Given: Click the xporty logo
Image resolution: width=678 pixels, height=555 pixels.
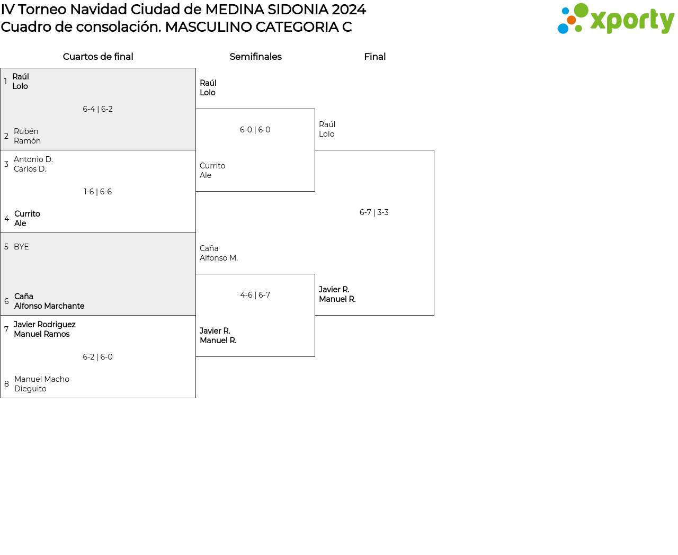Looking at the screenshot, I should point(615,19).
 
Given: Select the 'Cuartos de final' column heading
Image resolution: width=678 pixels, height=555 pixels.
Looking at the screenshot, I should point(98,57).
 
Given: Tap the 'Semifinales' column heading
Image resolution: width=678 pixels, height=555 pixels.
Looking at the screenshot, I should point(255,57).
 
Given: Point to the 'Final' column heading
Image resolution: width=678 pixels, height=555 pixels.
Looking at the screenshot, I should point(374,57).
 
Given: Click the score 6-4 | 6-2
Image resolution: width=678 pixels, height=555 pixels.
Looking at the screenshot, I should point(97,109).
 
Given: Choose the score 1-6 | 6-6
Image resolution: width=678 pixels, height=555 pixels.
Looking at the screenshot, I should point(97,192).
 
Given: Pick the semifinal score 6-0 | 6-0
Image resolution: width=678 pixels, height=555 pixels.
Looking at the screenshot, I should point(255,130).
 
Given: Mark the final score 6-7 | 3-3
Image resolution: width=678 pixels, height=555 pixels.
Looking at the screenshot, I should point(374,212).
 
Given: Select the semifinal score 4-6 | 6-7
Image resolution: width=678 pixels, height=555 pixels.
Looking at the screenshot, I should point(255,295).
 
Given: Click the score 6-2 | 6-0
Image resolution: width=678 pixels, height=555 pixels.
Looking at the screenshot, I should point(97,357).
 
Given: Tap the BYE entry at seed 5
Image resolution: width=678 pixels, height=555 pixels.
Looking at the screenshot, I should point(21,247).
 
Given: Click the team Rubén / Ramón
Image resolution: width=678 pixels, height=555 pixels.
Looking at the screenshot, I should point(27,136).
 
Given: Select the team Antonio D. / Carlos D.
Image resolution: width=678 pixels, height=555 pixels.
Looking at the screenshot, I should point(33,164).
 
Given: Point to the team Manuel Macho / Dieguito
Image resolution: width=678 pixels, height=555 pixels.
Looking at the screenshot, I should point(42,384).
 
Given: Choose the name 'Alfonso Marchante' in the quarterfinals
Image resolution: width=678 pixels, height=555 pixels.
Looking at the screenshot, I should point(49,306).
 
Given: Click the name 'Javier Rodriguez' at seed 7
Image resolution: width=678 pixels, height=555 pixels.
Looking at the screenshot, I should point(44,325).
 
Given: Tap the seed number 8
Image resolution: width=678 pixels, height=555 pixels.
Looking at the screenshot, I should point(6,384).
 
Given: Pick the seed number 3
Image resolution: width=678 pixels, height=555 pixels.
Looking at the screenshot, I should point(6,164).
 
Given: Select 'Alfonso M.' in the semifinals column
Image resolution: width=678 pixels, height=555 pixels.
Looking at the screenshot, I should point(219,258).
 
